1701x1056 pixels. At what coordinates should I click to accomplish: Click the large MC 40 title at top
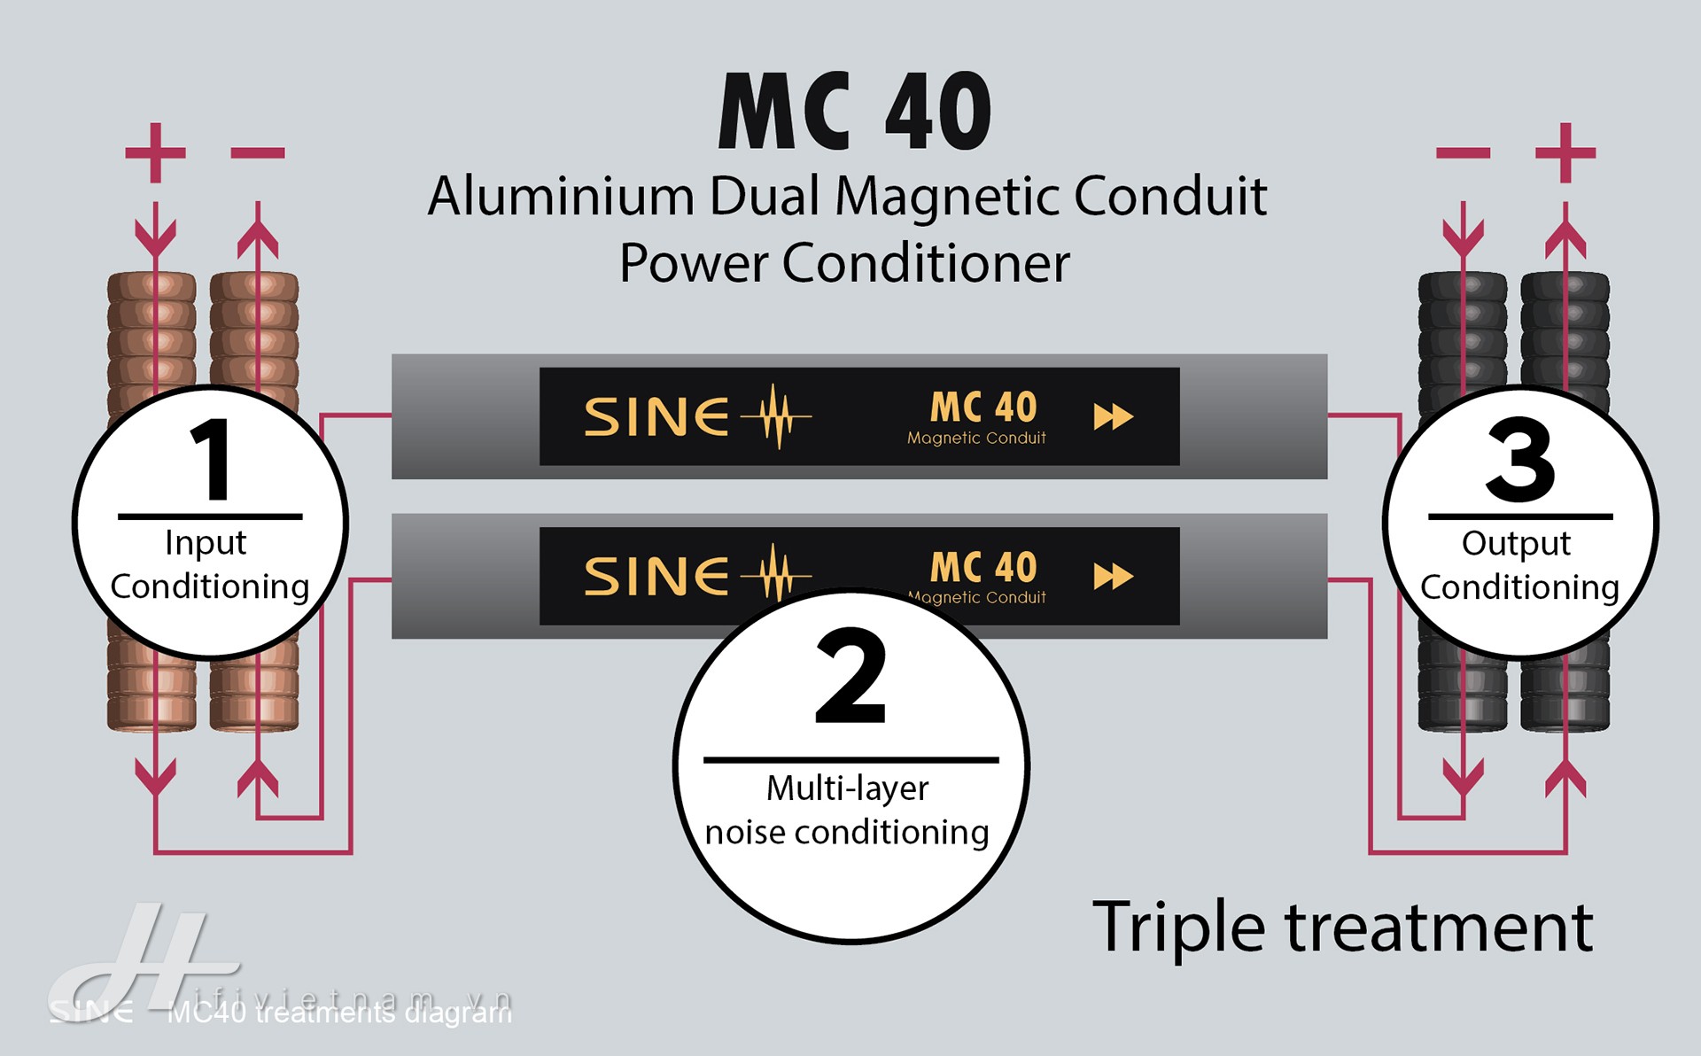[855, 113]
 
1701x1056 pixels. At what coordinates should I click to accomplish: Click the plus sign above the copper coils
[156, 152]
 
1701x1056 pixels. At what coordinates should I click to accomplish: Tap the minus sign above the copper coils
[258, 153]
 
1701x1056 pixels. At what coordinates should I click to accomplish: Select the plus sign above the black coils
[1565, 152]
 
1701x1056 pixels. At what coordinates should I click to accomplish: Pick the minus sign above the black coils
[1463, 153]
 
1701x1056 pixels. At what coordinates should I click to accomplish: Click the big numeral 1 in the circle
[211, 460]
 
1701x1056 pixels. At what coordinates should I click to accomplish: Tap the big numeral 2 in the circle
[850, 678]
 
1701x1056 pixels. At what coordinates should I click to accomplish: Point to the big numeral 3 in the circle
[1520, 460]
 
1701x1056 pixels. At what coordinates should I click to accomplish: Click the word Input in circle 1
[206, 543]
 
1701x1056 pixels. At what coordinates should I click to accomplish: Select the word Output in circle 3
[1516, 543]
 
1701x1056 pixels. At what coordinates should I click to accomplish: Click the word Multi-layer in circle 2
[847, 788]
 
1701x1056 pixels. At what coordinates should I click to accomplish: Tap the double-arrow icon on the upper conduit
[1113, 416]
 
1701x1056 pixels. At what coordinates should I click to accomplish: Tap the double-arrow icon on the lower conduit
[1113, 577]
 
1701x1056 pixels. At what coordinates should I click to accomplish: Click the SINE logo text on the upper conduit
[656, 416]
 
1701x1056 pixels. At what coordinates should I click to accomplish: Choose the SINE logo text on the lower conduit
[656, 577]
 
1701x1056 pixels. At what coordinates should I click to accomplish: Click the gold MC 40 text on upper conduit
[983, 408]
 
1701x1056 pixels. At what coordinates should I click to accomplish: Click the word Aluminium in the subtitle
[561, 196]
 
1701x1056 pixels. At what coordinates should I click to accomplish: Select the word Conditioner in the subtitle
[926, 263]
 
